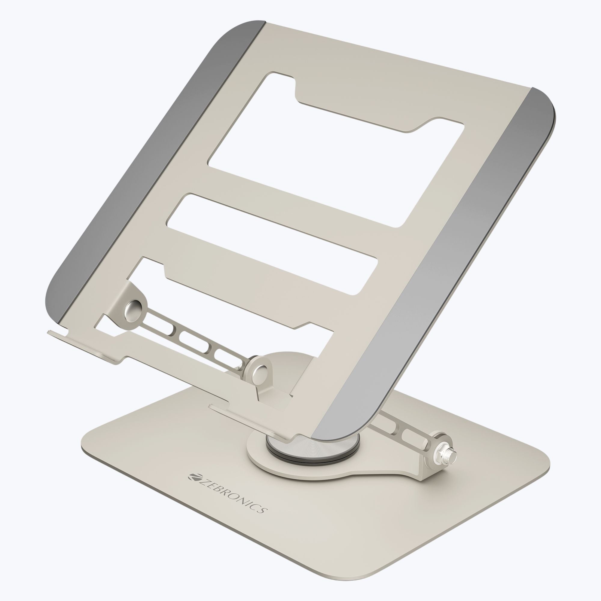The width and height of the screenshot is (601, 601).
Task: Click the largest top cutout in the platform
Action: point(336,149)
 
